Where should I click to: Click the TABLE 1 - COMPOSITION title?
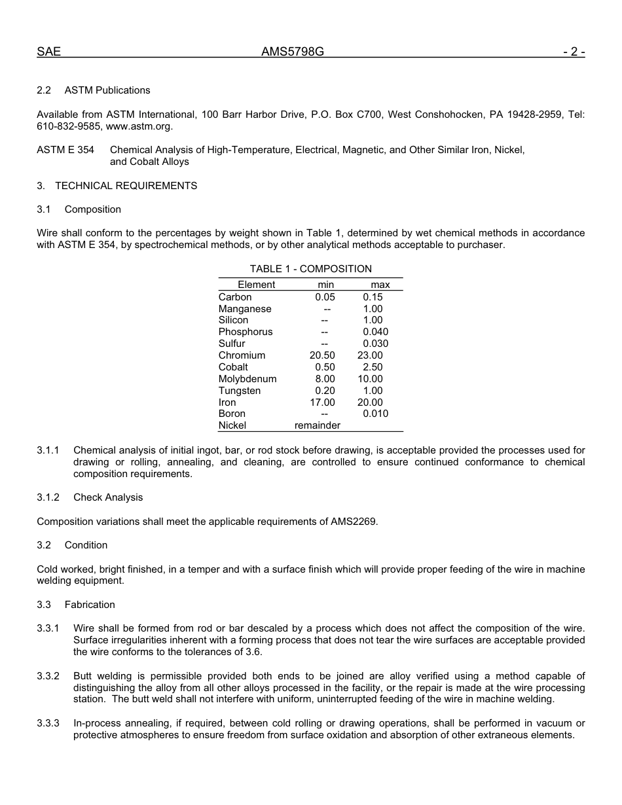tap(310, 269)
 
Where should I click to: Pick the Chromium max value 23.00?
tap(370, 355)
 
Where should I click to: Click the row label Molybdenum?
tap(247, 379)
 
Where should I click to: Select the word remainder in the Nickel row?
tap(318, 425)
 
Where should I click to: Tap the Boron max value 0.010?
tap(375, 414)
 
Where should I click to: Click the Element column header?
tap(256, 285)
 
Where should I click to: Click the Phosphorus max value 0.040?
tap(375, 332)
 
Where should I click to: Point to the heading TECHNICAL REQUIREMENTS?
tap(126, 186)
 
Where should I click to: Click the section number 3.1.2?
tap(48, 497)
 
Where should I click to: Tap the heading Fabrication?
tap(90, 605)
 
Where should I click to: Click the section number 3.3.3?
tap(48, 723)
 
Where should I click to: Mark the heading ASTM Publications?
tap(107, 90)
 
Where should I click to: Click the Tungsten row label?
tap(240, 391)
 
